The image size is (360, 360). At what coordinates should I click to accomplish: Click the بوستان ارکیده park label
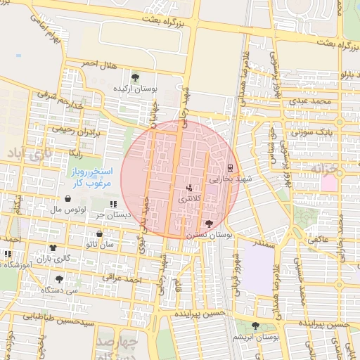click(134, 90)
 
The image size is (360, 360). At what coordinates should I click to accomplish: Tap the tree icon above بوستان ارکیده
click(135, 78)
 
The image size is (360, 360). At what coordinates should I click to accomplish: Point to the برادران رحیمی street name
click(75, 130)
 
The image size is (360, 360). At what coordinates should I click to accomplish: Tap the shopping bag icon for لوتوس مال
click(67, 199)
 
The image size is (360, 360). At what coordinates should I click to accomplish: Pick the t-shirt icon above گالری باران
click(53, 248)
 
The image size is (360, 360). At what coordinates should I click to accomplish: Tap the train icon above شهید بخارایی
click(230, 167)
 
